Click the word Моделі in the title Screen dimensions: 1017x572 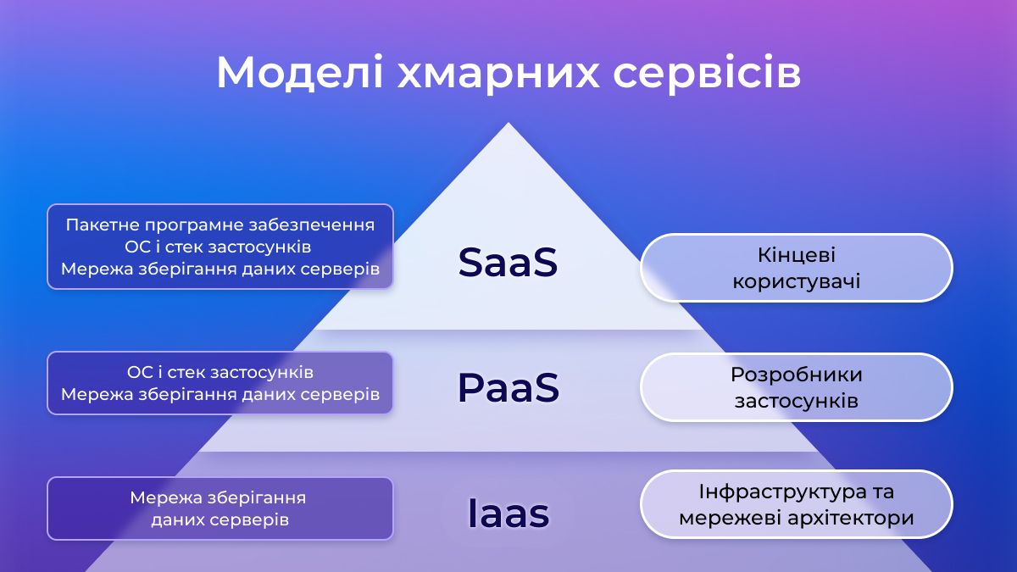(x=300, y=73)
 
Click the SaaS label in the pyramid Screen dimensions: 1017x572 (x=508, y=262)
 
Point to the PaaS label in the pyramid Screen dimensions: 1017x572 (x=508, y=387)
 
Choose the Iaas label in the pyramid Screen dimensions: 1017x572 (x=508, y=513)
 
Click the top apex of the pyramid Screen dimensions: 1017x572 (x=508, y=123)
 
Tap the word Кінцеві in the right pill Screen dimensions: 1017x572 (x=797, y=255)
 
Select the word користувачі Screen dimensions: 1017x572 (x=797, y=281)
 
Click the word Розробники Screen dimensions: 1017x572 (x=797, y=375)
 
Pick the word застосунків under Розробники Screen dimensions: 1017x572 (x=797, y=401)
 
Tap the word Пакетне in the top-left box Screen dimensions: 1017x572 (x=103, y=225)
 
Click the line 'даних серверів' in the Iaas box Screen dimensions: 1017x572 (x=220, y=519)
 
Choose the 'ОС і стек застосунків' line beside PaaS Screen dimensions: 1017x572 (x=220, y=372)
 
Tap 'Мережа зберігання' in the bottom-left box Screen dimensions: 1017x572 (x=218, y=498)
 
